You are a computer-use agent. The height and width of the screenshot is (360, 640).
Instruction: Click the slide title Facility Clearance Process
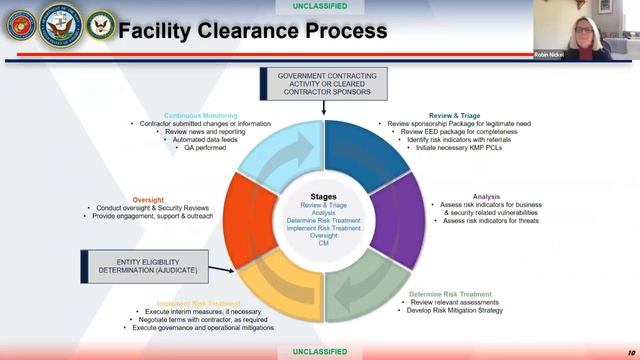tap(252, 31)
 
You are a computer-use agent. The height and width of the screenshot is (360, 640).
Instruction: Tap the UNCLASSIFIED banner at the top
tap(320, 6)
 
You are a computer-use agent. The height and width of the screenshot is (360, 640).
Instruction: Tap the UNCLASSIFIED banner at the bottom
tap(320, 352)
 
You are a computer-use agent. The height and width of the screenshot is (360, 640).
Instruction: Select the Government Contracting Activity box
tap(316, 83)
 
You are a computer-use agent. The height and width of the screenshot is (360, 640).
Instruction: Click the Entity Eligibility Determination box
tap(142, 265)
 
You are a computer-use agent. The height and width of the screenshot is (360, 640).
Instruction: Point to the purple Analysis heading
tap(486, 197)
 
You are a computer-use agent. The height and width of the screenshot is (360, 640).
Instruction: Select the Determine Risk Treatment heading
tap(450, 294)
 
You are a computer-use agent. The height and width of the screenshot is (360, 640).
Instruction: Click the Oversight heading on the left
tap(147, 199)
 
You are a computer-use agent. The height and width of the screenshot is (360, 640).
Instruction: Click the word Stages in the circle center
tap(322, 197)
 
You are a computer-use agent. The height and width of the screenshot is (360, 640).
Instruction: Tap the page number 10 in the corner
tap(630, 352)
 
